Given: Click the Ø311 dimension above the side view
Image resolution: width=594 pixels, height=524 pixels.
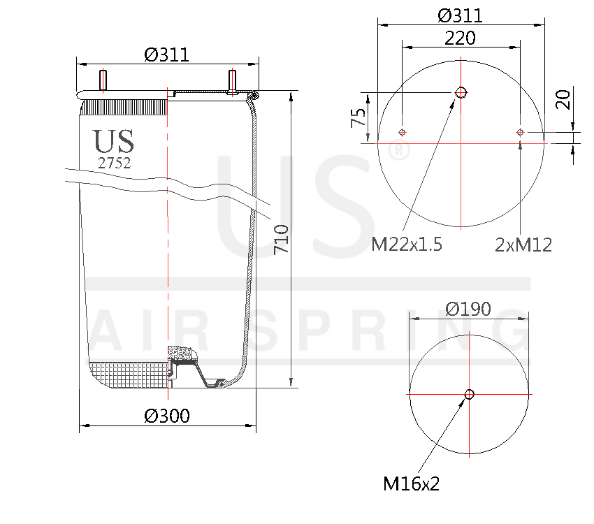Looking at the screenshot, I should (167, 54).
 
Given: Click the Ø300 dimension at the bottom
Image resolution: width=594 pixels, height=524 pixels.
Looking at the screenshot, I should (167, 416).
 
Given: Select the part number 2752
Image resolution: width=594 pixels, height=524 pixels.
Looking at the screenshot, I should (114, 163).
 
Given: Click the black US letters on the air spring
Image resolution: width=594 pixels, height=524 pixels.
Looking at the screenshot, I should (114, 141).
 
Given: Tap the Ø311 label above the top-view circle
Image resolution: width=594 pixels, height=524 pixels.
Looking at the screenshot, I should (460, 15).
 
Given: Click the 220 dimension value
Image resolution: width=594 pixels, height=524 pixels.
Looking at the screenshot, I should (460, 38).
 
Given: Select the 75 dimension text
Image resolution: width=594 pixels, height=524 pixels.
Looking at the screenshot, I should (358, 117).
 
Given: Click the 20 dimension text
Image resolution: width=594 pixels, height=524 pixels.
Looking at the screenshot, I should (563, 99).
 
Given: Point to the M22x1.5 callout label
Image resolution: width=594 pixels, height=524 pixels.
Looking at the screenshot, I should (406, 244).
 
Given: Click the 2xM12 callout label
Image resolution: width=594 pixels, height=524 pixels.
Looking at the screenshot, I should (523, 244).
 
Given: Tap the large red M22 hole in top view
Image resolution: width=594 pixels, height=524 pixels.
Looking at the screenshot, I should (461, 92).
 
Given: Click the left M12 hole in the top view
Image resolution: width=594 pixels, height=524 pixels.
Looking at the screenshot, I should (402, 132).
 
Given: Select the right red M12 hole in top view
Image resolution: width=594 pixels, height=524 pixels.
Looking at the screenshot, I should (520, 132).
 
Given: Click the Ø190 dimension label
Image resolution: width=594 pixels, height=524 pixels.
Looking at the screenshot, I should (468, 308).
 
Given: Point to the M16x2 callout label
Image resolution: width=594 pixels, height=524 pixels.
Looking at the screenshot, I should (411, 483).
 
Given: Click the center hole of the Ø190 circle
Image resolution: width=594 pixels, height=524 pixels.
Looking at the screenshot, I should (469, 394).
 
